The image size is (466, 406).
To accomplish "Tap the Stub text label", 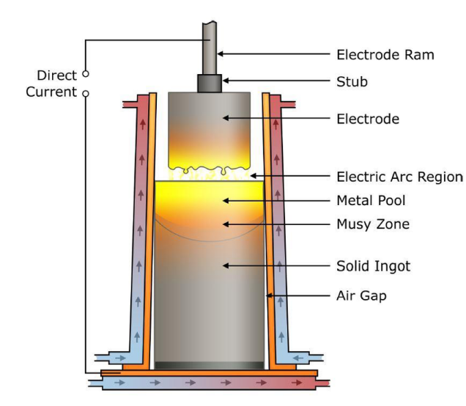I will tap(351, 81).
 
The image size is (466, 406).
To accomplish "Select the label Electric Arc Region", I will tap(399, 177).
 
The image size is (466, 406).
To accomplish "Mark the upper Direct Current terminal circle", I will tap(85, 74).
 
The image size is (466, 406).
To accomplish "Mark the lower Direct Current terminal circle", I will tap(85, 93).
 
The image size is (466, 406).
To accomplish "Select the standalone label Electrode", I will tap(367, 118).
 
